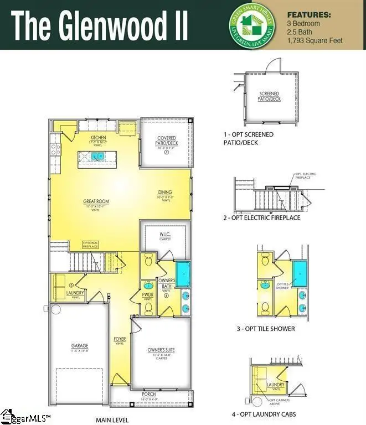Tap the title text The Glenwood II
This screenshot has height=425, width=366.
(x=100, y=25)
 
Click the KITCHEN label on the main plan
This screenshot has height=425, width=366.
(x=98, y=138)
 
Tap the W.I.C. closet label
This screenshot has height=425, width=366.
(x=166, y=235)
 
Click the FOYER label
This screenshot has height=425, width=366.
(x=120, y=339)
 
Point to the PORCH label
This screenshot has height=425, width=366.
(x=150, y=395)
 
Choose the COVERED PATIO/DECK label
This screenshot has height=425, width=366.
(x=167, y=141)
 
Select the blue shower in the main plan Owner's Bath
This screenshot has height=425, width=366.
(x=183, y=273)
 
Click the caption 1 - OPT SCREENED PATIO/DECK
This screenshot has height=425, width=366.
(x=249, y=138)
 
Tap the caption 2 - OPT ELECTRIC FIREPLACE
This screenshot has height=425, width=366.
(x=262, y=218)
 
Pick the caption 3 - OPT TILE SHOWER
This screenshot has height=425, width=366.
(x=266, y=329)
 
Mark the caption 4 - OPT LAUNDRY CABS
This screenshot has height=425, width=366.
(x=264, y=414)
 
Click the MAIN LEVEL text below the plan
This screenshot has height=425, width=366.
(x=112, y=419)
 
